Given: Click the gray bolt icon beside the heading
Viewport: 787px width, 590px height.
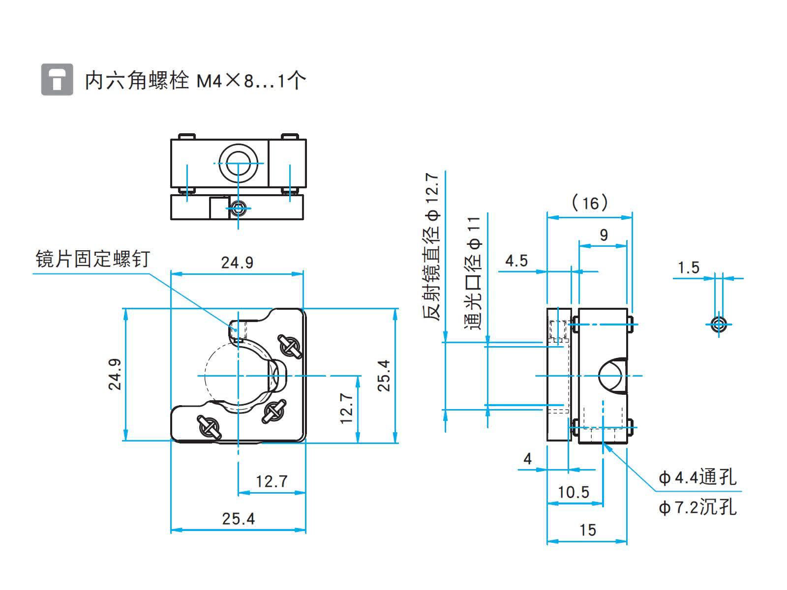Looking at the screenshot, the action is click(x=57, y=80).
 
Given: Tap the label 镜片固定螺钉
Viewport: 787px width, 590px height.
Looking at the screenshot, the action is click(x=92, y=259).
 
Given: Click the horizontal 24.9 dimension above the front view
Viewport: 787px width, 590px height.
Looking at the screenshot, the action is click(x=237, y=263).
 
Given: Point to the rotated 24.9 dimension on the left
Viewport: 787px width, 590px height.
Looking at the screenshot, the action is click(x=115, y=374).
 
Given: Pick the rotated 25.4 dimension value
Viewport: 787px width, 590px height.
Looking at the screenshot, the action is click(x=384, y=376).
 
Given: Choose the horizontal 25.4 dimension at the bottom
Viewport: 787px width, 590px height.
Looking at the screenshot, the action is click(x=239, y=519).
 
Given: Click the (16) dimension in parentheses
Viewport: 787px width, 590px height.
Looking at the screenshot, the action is click(x=590, y=203).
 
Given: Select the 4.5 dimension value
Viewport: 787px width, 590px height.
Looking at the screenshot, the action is click(x=516, y=261).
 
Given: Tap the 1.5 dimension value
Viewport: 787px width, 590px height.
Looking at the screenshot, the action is click(x=689, y=267).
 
